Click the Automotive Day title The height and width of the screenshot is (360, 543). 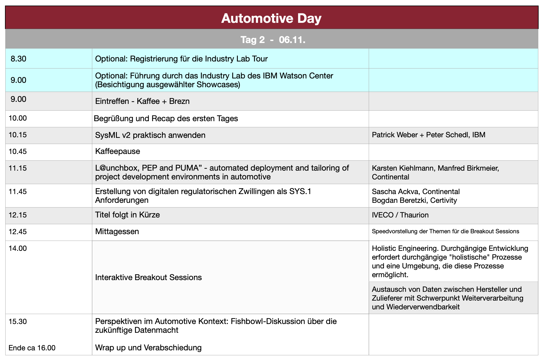[271, 18]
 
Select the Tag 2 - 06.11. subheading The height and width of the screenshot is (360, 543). [273, 40]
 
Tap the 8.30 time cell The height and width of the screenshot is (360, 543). [18, 59]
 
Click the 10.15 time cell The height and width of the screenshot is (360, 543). [18, 135]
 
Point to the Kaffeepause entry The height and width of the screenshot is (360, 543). [117, 151]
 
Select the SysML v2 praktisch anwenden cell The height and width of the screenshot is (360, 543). [150, 135]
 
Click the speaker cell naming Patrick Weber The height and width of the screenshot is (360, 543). [428, 135]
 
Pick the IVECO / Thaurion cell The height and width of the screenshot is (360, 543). [400, 215]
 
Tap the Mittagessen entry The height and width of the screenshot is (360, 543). [117, 232]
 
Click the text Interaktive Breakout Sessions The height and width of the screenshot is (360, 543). [148, 277]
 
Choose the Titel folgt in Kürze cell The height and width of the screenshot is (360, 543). [127, 215]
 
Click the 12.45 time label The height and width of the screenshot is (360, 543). [18, 232]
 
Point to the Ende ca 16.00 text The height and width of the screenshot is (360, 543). [32, 348]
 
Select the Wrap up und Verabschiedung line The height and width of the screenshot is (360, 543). [148, 348]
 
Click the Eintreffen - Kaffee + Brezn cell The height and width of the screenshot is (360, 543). [142, 101]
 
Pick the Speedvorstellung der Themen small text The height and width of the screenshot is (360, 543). [445, 232]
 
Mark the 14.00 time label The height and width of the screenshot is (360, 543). [18, 248]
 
